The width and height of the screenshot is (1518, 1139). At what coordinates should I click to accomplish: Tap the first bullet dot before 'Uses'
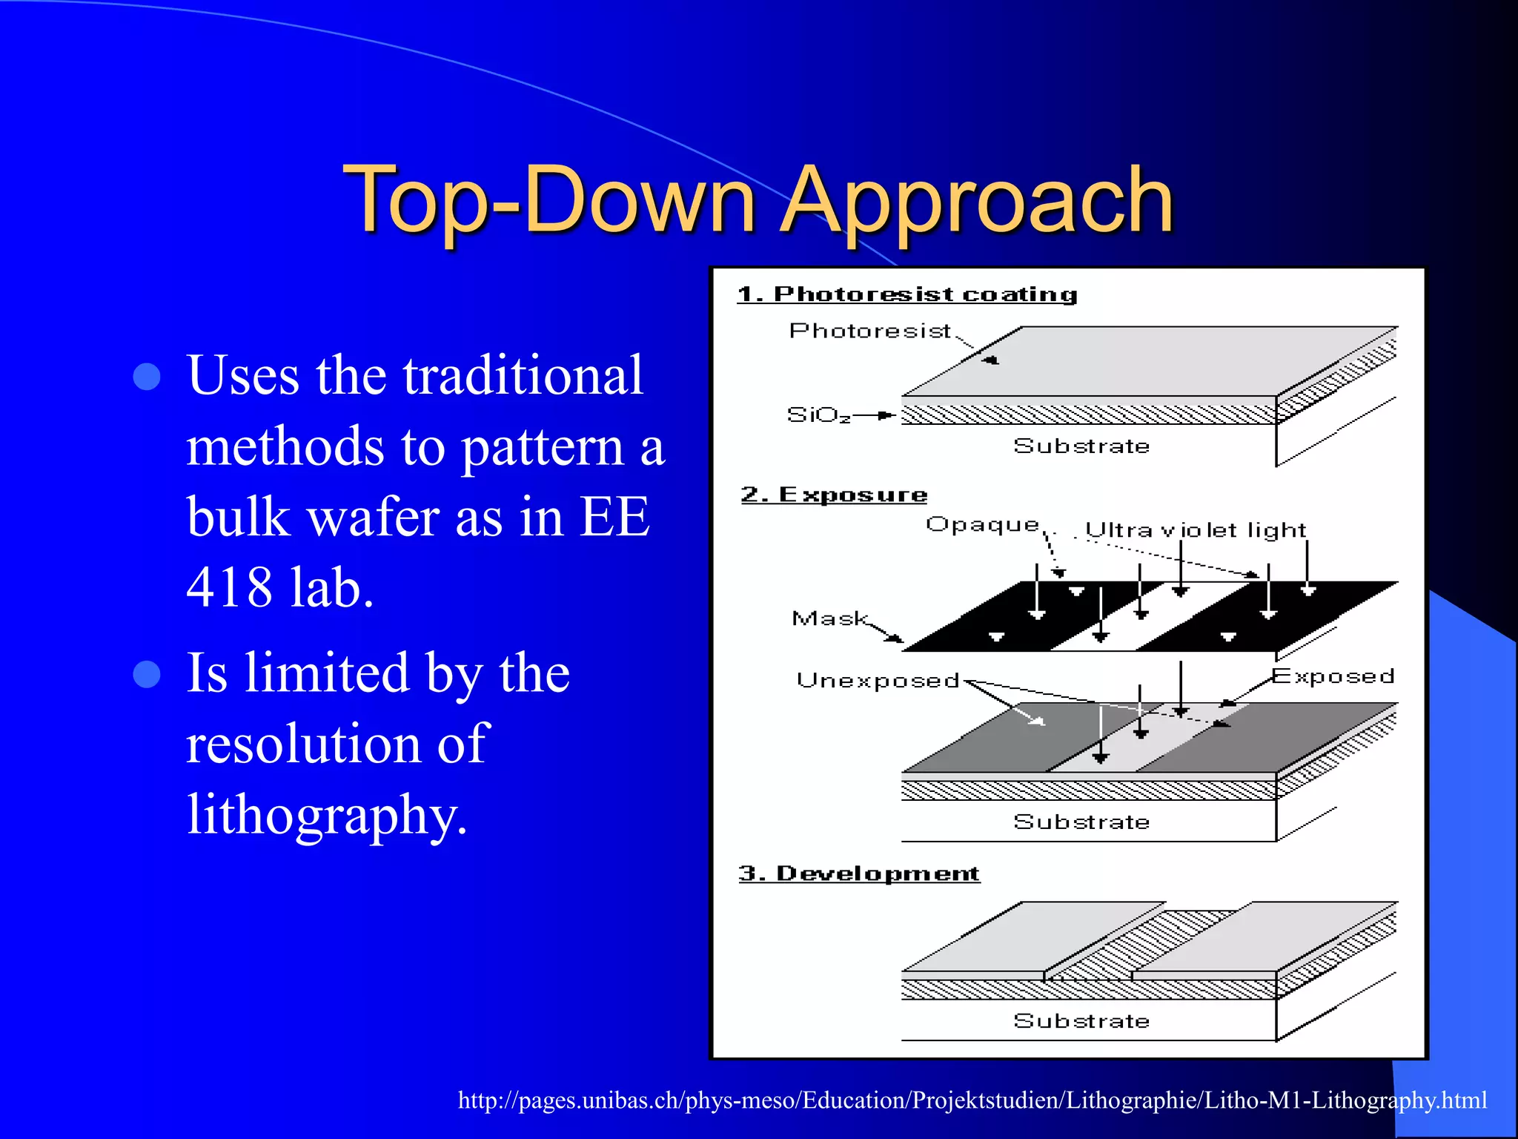pyautogui.click(x=147, y=377)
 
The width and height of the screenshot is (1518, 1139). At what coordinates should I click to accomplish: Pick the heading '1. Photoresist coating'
pyautogui.click(x=907, y=294)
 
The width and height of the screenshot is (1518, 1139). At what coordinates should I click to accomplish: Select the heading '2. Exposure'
pyautogui.click(x=834, y=495)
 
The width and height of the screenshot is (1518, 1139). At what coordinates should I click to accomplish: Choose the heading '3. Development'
pyautogui.click(x=859, y=874)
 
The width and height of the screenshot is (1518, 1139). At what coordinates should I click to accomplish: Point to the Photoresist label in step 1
pyautogui.click(x=869, y=331)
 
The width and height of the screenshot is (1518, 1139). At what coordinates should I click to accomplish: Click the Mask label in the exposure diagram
pyautogui.click(x=829, y=618)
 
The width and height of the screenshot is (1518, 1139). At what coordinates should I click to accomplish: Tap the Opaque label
pyautogui.click(x=982, y=525)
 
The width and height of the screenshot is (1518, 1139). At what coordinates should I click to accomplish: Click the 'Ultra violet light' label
pyautogui.click(x=1195, y=530)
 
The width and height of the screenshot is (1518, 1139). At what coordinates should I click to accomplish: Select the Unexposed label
pyautogui.click(x=878, y=681)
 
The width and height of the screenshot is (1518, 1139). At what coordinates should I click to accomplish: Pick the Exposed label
pyautogui.click(x=1333, y=676)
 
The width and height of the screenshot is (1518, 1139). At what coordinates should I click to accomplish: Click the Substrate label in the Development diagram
pyautogui.click(x=1081, y=1021)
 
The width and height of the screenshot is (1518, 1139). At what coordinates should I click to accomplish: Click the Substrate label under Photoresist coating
pyautogui.click(x=1081, y=446)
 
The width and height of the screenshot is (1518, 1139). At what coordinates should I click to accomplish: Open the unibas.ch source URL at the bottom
pyautogui.click(x=972, y=1100)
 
